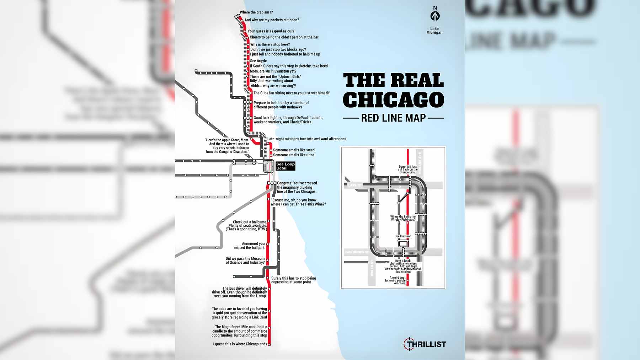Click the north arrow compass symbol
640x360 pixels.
pyautogui.click(x=435, y=16)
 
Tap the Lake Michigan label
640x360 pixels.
pyautogui.click(x=434, y=31)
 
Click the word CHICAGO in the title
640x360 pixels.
pyautogui.click(x=393, y=100)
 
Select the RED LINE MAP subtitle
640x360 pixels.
pyautogui.click(x=393, y=118)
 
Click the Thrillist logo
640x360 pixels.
pyautogui.click(x=425, y=344)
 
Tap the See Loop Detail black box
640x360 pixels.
pyautogui.click(x=285, y=166)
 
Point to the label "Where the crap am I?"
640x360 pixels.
pyautogui.click(x=256, y=12)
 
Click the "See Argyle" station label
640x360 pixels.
pyautogui.click(x=258, y=61)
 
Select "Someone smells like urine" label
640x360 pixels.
pyautogui.click(x=294, y=155)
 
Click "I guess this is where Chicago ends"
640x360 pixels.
pyautogui.click(x=240, y=344)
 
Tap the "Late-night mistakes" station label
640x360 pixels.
pyautogui.click(x=306, y=139)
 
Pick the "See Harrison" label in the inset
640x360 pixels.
pyautogui.click(x=403, y=236)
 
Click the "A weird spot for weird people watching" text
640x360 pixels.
pyautogui.click(x=398, y=280)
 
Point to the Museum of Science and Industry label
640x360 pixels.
pyautogui.click(x=245, y=260)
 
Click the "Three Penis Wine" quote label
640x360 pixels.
pyautogui.click(x=298, y=202)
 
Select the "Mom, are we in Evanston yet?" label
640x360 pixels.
pyautogui.click(x=273, y=71)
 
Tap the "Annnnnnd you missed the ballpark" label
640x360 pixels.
pyautogui.click(x=249, y=246)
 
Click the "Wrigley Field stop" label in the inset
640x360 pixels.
pyautogui.click(x=403, y=218)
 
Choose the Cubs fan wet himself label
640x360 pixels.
pyautogui.click(x=291, y=93)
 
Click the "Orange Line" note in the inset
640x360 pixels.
pyautogui.click(x=407, y=170)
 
